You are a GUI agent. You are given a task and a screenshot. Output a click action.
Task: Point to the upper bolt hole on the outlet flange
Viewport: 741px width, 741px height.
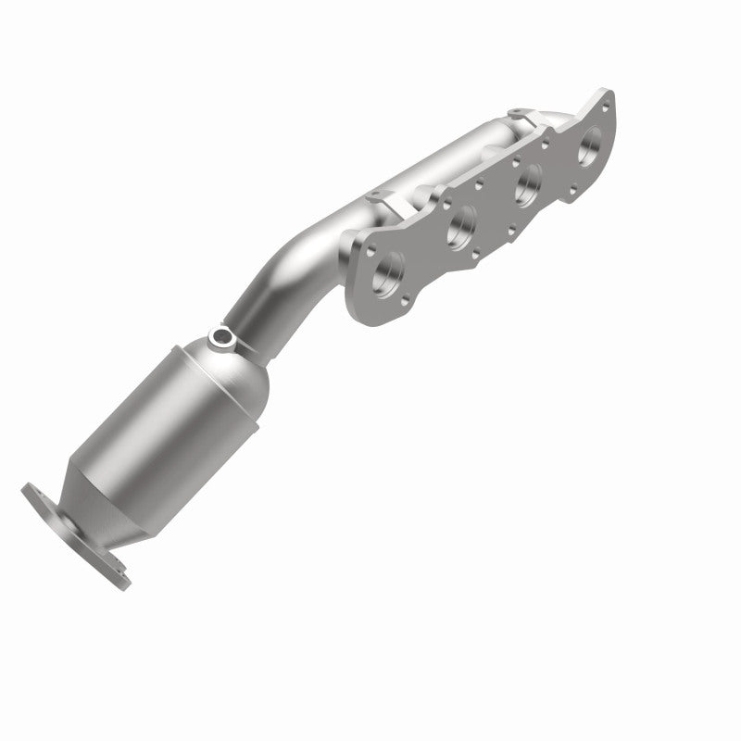pos(37,493)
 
